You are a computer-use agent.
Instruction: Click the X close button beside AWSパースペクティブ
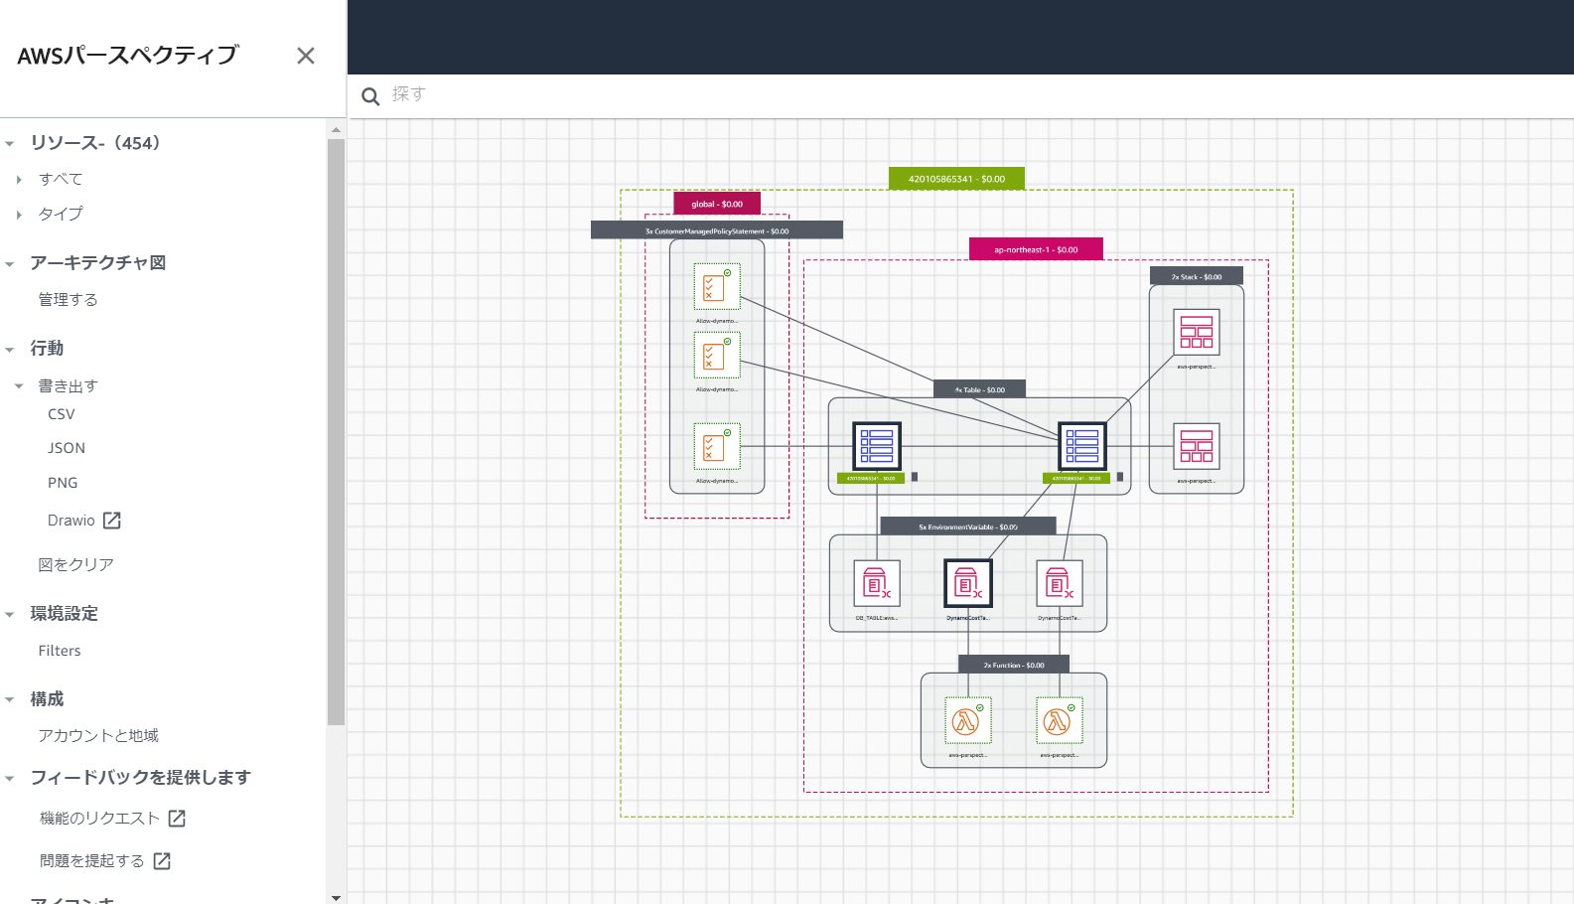coord(306,56)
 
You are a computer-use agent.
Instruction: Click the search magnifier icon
coord(370,96)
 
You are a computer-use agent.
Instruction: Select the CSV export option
coord(62,414)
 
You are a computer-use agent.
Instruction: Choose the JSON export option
coord(67,448)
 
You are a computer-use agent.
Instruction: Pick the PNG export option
coord(63,483)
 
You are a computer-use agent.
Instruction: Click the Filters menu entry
coord(60,651)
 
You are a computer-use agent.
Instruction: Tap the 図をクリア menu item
coord(75,564)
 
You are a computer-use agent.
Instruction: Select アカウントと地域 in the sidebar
coord(98,735)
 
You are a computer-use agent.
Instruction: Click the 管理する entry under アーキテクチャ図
coord(68,299)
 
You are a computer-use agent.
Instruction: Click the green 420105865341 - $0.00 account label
coord(956,179)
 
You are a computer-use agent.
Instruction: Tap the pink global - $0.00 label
coord(717,204)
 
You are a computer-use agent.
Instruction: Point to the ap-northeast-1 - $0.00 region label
coord(1036,249)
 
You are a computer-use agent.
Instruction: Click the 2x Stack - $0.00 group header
coord(1196,276)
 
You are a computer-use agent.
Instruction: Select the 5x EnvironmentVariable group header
coord(967,527)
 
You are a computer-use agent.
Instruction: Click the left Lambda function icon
coord(967,720)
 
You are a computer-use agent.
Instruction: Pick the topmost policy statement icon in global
coord(716,287)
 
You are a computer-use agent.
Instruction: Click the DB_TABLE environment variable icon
coord(877,583)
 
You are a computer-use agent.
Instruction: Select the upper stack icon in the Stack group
coord(1196,332)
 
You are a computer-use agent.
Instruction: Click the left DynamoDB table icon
coord(877,446)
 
